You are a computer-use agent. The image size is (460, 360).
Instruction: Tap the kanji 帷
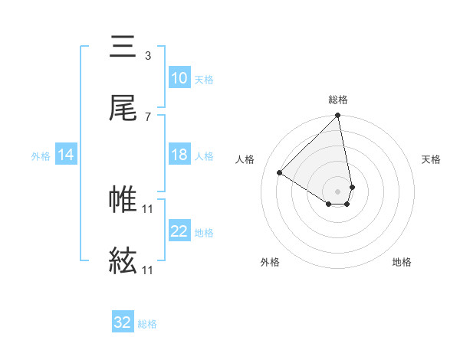pyautogui.click(x=123, y=199)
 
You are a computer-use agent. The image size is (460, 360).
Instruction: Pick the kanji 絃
pyautogui.click(x=123, y=261)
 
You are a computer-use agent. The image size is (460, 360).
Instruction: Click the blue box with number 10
pyautogui.click(x=179, y=78)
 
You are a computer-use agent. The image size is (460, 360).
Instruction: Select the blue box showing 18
pyautogui.click(x=179, y=155)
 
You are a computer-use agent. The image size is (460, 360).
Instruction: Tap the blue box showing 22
pyautogui.click(x=179, y=231)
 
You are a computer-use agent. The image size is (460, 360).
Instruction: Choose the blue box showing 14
pyautogui.click(x=66, y=155)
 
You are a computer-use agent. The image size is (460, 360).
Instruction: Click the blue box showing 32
pyautogui.click(x=123, y=322)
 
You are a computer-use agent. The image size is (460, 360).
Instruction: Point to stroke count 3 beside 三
pyautogui.click(x=147, y=55)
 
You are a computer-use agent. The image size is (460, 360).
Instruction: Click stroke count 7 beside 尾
pyautogui.click(x=147, y=116)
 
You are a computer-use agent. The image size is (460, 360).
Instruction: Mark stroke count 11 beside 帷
pyautogui.click(x=148, y=208)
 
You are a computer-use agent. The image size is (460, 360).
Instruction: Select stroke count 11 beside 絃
pyautogui.click(x=148, y=270)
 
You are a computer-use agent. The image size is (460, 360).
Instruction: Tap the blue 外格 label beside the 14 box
pyautogui.click(x=41, y=155)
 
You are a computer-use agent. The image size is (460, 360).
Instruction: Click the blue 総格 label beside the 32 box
pyautogui.click(x=147, y=324)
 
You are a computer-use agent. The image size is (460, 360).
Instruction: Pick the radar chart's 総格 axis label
pyautogui.click(x=338, y=100)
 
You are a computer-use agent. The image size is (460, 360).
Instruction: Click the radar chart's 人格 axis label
pyautogui.click(x=246, y=159)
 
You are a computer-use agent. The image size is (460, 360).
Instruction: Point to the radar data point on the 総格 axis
pyautogui.click(x=337, y=116)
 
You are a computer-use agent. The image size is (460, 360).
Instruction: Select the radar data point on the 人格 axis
pyautogui.click(x=280, y=173)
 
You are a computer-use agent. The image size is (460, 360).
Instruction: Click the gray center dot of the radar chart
pyautogui.click(x=337, y=191)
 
